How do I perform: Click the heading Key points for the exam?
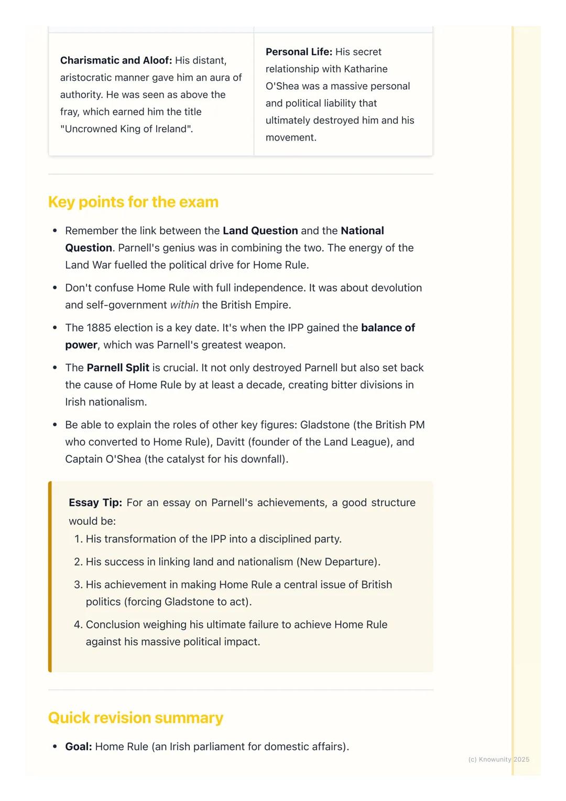pos(133,202)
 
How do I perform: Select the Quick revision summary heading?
pos(135,718)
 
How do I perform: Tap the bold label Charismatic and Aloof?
pos(116,60)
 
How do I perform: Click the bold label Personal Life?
pos(299,52)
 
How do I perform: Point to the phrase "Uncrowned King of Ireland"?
pos(126,129)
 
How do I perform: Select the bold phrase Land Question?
pos(260,231)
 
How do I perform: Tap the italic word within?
pos(184,305)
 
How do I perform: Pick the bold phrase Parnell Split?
pos(118,367)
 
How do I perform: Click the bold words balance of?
pos(388,328)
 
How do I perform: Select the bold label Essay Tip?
pos(95,503)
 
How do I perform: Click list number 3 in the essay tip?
pos(78,584)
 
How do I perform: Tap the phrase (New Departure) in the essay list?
pos(338,562)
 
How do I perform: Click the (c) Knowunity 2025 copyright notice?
pos(498,759)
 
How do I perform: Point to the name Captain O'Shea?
pos(103,459)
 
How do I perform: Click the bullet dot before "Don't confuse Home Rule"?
pos(55,288)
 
